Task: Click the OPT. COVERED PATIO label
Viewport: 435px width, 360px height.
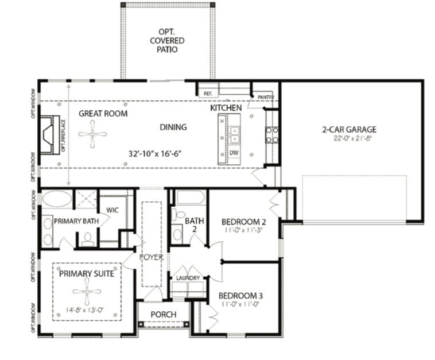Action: click(168, 40)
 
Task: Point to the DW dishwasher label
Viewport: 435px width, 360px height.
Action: click(234, 153)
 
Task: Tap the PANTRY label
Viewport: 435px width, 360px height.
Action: click(266, 97)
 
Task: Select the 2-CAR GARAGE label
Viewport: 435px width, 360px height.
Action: click(349, 129)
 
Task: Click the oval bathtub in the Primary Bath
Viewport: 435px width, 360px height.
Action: click(57, 199)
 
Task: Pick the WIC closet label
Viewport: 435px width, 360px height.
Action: click(112, 210)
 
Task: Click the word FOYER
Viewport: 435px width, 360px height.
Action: click(152, 257)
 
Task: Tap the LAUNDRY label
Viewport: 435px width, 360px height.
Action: click(188, 278)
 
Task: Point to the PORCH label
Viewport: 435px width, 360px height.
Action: click(163, 315)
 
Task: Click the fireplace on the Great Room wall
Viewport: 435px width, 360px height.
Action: click(48, 134)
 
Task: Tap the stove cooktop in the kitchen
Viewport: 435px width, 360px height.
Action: click(272, 134)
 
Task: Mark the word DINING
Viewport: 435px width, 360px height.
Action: click(173, 127)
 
